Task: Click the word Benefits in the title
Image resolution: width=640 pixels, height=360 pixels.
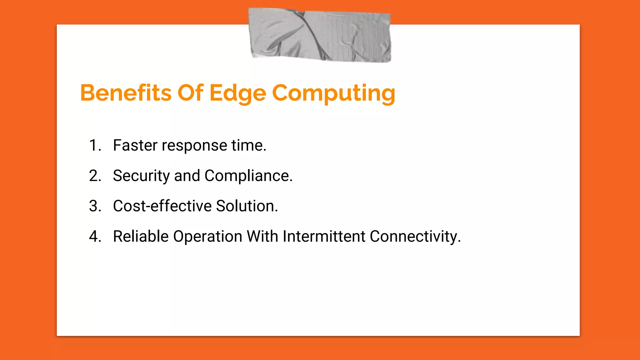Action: [x=126, y=93]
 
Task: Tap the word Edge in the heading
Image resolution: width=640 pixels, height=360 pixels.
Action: [x=237, y=93]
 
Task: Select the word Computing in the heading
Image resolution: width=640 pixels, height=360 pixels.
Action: [x=333, y=93]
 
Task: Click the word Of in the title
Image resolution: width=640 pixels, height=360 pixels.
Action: [x=190, y=93]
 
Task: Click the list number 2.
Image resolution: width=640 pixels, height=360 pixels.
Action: [x=95, y=176]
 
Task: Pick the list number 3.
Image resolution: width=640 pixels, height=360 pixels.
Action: [x=95, y=206]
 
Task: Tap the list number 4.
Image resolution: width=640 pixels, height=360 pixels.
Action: [x=95, y=236]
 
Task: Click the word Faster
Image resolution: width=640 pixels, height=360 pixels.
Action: [x=135, y=145]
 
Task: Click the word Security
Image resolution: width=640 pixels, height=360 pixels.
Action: [x=141, y=176]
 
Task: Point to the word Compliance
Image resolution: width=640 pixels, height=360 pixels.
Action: [x=248, y=176]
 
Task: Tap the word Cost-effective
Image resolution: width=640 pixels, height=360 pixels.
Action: [x=162, y=206]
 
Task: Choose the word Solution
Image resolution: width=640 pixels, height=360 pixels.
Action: [x=247, y=206]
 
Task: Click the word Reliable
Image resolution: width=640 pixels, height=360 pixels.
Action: [x=141, y=236]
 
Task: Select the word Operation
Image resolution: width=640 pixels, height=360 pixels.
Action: [x=207, y=236]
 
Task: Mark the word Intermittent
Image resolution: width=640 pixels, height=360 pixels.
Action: [x=324, y=236]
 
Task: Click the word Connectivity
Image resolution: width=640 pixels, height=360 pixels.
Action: [x=415, y=236]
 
